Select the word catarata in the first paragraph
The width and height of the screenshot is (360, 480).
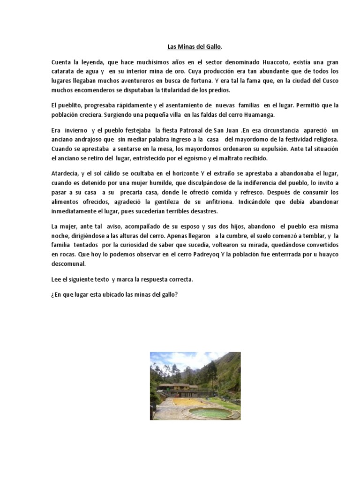tap(66, 71)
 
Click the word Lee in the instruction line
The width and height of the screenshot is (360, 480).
tap(56, 279)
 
